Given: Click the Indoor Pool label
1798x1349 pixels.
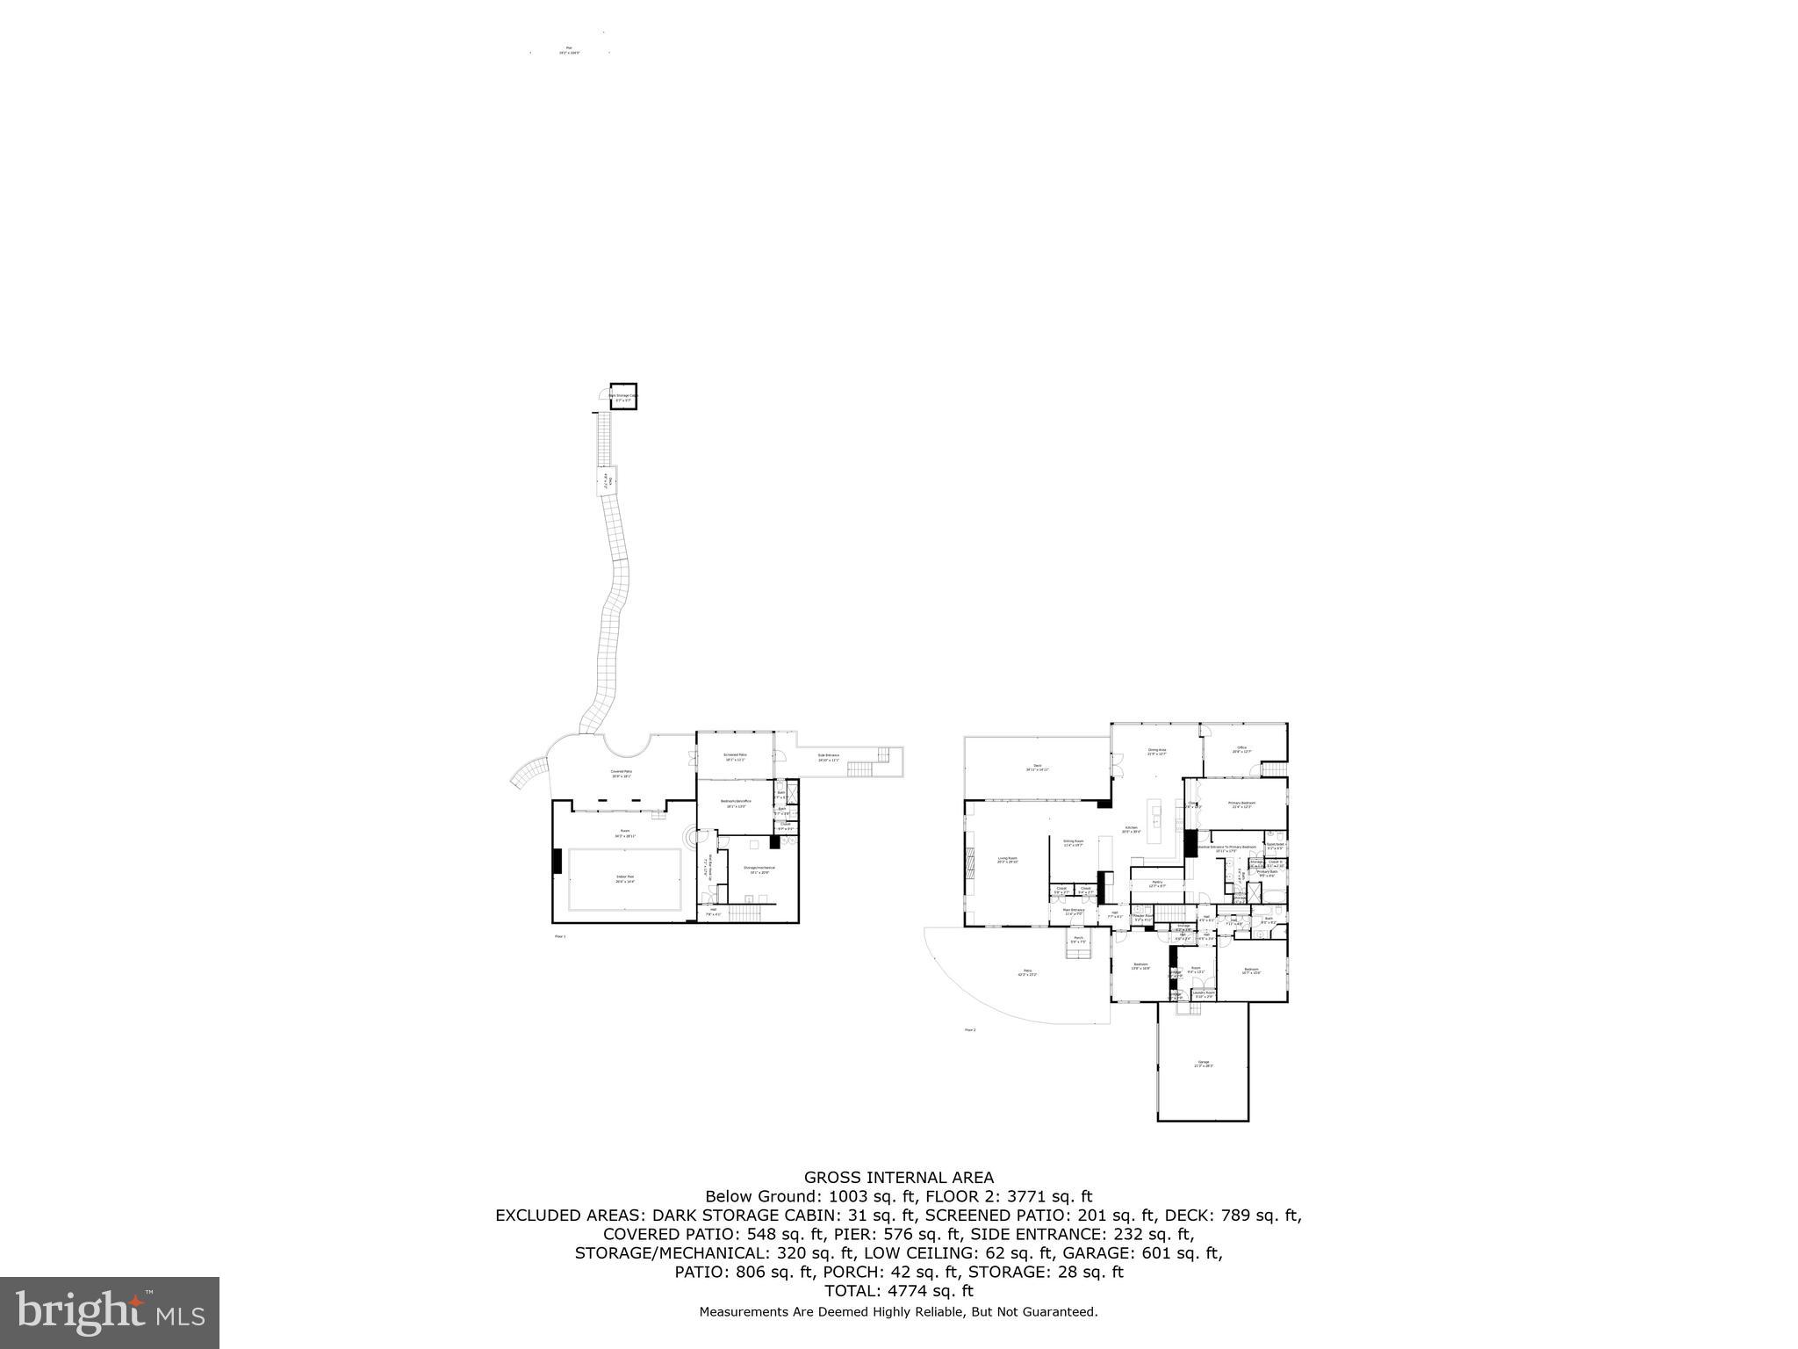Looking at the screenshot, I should click(624, 876).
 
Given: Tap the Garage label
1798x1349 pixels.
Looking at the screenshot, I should click(1203, 1063).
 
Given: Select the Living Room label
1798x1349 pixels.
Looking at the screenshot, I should click(1007, 859).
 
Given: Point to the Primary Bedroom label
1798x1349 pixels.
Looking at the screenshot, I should click(1241, 804).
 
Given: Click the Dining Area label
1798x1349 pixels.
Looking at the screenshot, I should click(1156, 751).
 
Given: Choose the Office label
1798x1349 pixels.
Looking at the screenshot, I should click(1241, 748).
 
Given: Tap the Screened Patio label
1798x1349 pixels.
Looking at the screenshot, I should click(735, 755).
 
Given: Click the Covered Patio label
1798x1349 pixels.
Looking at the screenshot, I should click(622, 772).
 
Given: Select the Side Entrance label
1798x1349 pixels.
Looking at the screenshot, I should click(828, 755).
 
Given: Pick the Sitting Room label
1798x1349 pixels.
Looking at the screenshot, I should click(1074, 841).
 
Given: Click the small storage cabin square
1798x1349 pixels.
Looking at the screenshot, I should click(623, 396).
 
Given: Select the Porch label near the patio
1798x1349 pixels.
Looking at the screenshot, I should click(1078, 938).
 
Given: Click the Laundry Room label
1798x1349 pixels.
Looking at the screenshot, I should click(1203, 993).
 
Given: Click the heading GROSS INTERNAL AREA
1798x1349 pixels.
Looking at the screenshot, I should click(899, 1178).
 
